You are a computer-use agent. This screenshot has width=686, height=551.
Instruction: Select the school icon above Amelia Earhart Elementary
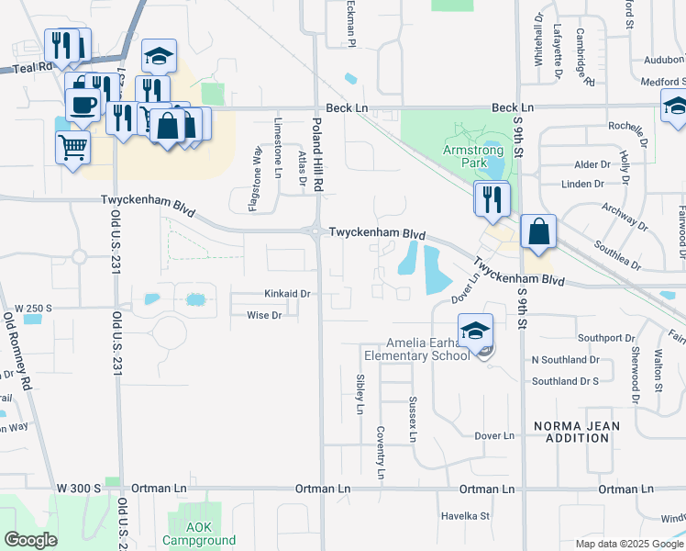click(x=475, y=332)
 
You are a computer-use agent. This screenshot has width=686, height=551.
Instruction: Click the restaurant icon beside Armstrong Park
click(x=492, y=197)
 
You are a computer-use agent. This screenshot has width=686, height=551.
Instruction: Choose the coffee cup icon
click(x=82, y=105)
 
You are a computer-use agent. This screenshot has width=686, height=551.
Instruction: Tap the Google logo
click(x=30, y=540)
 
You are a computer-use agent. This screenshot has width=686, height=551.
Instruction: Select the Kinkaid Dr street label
click(x=288, y=294)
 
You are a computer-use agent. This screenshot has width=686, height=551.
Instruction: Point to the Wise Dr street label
click(x=264, y=315)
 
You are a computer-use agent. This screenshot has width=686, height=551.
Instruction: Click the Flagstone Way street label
click(x=258, y=184)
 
